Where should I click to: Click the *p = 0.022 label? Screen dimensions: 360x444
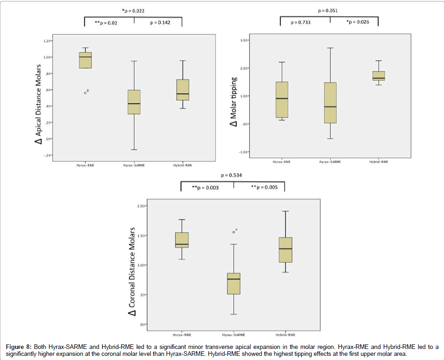(133, 10)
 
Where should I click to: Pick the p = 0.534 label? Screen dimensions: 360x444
(231, 175)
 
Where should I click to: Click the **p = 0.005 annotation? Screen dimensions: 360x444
(263, 187)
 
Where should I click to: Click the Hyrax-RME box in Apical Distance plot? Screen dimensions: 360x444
(85, 60)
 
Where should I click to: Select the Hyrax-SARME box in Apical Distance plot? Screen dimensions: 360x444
(134, 102)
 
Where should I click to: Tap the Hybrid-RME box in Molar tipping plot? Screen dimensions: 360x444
(379, 76)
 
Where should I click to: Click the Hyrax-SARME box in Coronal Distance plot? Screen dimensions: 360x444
(234, 284)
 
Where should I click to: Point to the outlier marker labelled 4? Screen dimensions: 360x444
(234, 232)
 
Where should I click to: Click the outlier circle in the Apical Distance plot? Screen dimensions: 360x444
(85, 93)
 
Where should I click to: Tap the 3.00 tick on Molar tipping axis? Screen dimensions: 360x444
(244, 41)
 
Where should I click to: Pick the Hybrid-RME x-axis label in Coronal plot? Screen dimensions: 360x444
(286, 334)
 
